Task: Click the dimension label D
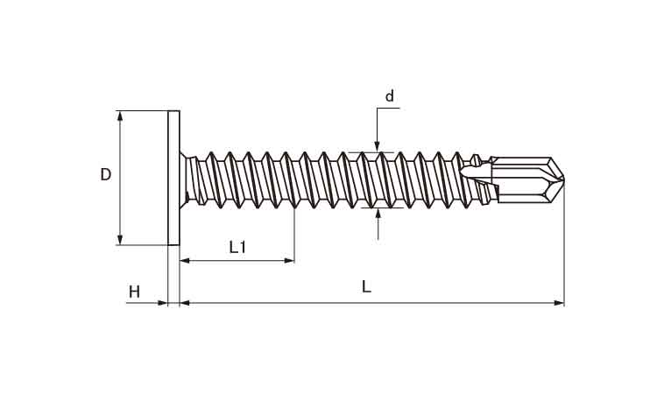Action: point(106,174)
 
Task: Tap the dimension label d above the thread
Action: point(390,96)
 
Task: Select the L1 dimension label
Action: point(237,247)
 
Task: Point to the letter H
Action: point(134,292)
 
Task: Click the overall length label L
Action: point(367,287)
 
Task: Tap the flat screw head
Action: point(174,178)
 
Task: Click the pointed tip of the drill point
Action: point(563,179)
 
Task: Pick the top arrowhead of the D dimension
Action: point(120,116)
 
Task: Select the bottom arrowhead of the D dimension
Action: point(120,240)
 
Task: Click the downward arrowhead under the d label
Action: point(377,146)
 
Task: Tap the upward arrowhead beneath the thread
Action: point(378,213)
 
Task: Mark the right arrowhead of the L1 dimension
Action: point(289,261)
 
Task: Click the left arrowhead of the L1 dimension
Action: point(185,261)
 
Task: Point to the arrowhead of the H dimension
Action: point(163,303)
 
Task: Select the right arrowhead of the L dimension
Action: point(559,303)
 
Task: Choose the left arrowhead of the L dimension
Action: point(185,303)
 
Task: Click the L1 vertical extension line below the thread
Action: point(294,235)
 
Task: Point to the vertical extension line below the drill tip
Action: point(564,245)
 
